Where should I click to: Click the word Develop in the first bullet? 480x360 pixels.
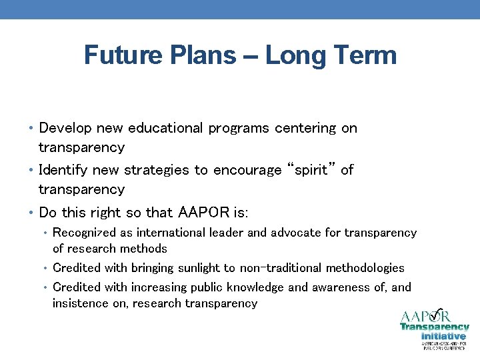point(65,128)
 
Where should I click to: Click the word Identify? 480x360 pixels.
point(63,170)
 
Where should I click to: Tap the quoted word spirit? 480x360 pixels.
point(309,170)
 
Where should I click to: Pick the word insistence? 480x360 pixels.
point(78,303)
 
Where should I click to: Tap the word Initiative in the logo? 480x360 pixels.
point(443,336)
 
